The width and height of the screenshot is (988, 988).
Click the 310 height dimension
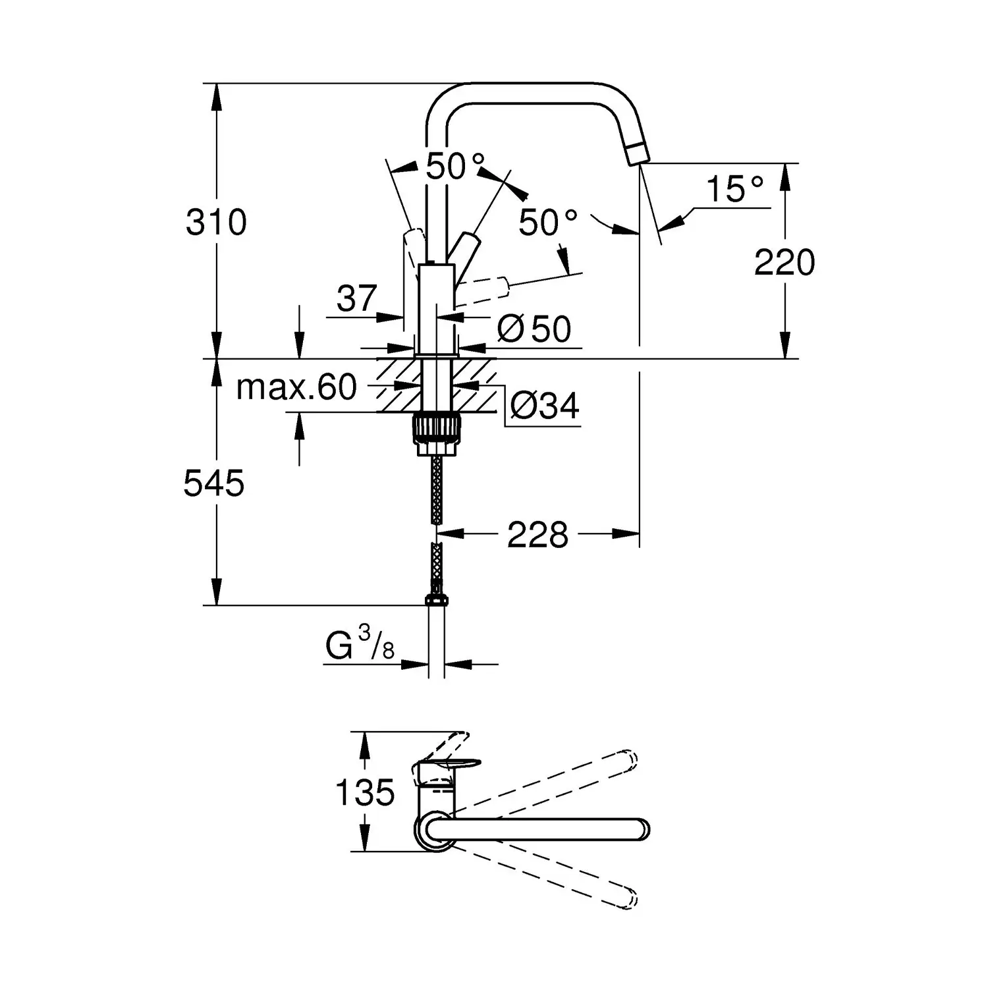click(x=216, y=223)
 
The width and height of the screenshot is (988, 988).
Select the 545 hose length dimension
click(x=214, y=484)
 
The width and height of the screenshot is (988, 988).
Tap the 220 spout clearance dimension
click(x=784, y=263)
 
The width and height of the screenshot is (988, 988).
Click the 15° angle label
click(x=734, y=190)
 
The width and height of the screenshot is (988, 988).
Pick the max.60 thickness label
click(x=296, y=388)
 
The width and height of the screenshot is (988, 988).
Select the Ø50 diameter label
click(x=534, y=329)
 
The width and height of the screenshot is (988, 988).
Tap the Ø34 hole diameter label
click(x=545, y=406)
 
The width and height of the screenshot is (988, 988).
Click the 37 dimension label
click(x=356, y=299)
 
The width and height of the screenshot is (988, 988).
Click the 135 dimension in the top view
click(x=365, y=792)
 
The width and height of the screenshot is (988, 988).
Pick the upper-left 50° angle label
click(x=454, y=167)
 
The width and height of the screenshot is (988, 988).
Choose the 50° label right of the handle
click(x=547, y=223)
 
